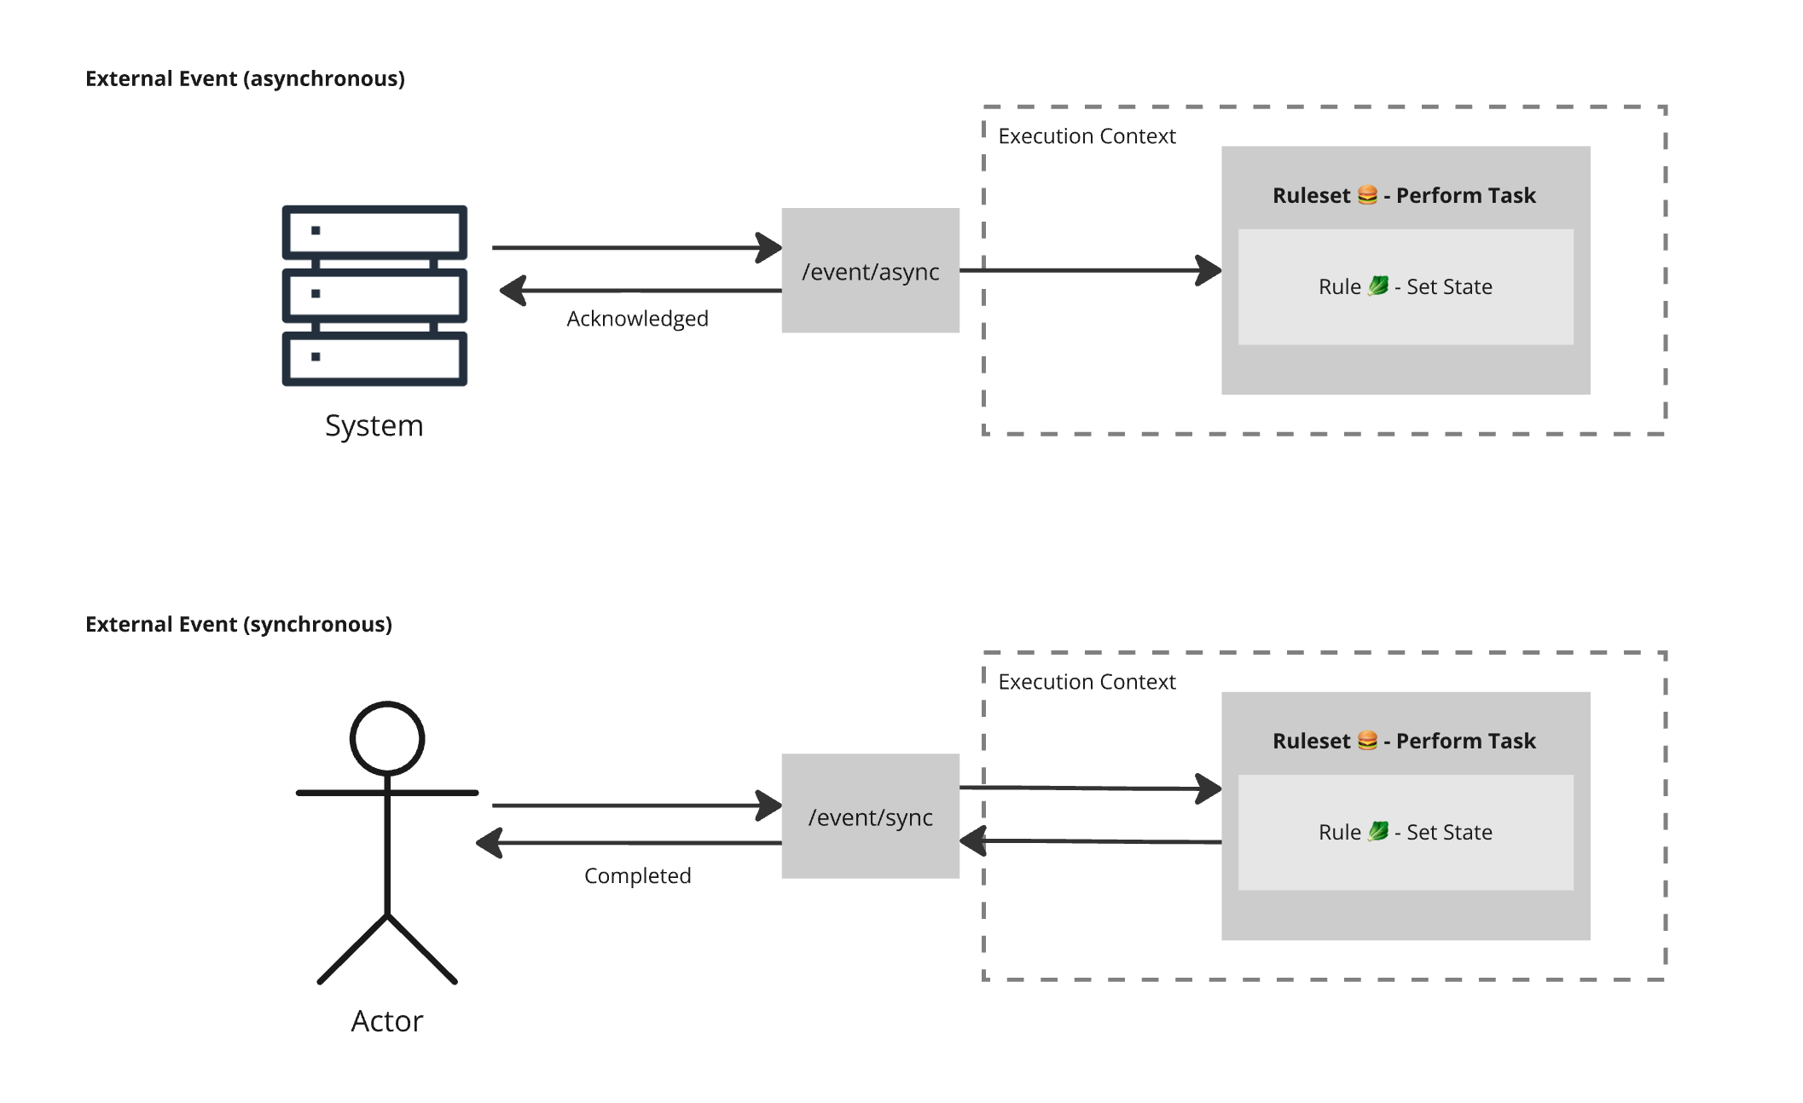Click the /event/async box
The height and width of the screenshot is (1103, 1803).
tap(870, 270)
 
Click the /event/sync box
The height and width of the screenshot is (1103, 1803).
tap(870, 816)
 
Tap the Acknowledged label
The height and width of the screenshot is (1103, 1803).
tap(637, 319)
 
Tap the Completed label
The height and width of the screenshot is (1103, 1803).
tap(637, 875)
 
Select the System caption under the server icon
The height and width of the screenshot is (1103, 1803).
tap(374, 425)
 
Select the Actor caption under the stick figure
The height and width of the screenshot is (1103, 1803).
tap(386, 1020)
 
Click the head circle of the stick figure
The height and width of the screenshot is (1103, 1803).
tap(387, 738)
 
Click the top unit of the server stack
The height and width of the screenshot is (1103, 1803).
tap(374, 231)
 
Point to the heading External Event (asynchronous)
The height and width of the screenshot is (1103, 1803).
tap(245, 78)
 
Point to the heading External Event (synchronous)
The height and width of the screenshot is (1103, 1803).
tap(239, 624)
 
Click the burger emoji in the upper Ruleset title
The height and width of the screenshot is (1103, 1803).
tap(1367, 195)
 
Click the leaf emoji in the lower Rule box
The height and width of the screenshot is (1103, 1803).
tap(1378, 831)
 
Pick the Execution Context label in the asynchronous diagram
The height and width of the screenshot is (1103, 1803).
tap(1087, 136)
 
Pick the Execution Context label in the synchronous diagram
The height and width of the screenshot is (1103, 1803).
tap(1087, 682)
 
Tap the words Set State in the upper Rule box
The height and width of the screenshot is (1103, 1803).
tap(1449, 287)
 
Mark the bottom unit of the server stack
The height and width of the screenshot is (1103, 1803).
tap(374, 358)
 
